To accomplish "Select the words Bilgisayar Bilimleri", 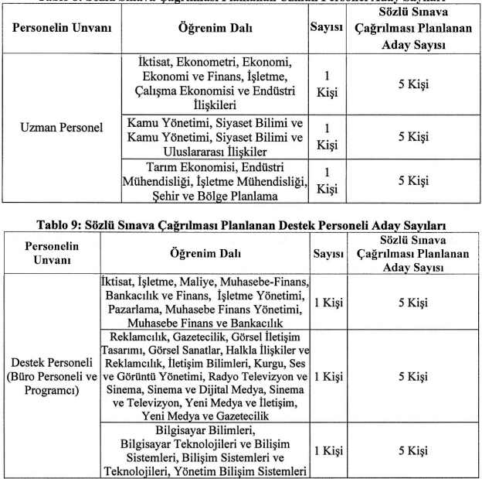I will (207, 428).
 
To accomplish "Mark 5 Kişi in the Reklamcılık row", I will (418, 377).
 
